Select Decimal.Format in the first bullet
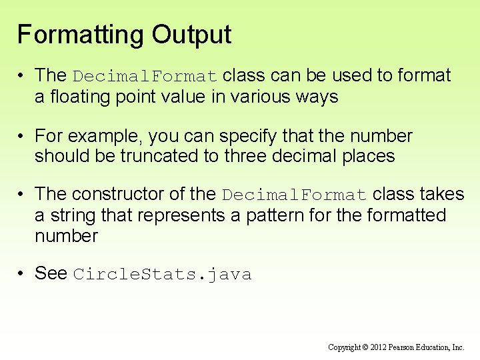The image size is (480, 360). point(145,76)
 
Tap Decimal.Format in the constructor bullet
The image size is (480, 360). point(294,195)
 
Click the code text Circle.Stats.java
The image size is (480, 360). point(162,275)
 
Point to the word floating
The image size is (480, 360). point(77,97)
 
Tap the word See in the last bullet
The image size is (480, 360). point(51,273)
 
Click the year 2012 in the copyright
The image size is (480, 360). point(377,347)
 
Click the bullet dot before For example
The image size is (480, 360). point(21,137)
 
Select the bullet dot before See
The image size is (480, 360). point(21,274)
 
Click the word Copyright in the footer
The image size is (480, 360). point(345,347)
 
